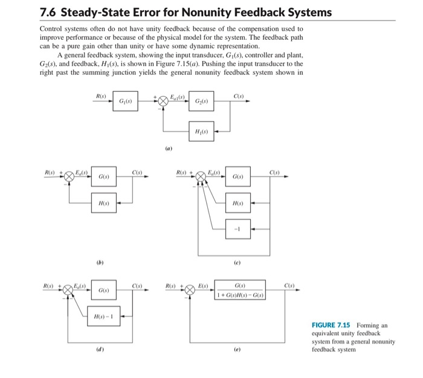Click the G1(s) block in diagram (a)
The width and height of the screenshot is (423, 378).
click(x=126, y=101)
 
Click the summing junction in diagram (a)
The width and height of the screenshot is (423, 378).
click(x=163, y=101)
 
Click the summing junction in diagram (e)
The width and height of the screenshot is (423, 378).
click(x=190, y=290)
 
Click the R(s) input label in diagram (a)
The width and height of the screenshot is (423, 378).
click(x=101, y=95)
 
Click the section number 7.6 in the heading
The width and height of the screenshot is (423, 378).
click(x=48, y=12)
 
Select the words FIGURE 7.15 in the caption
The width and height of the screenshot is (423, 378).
click(x=331, y=325)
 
